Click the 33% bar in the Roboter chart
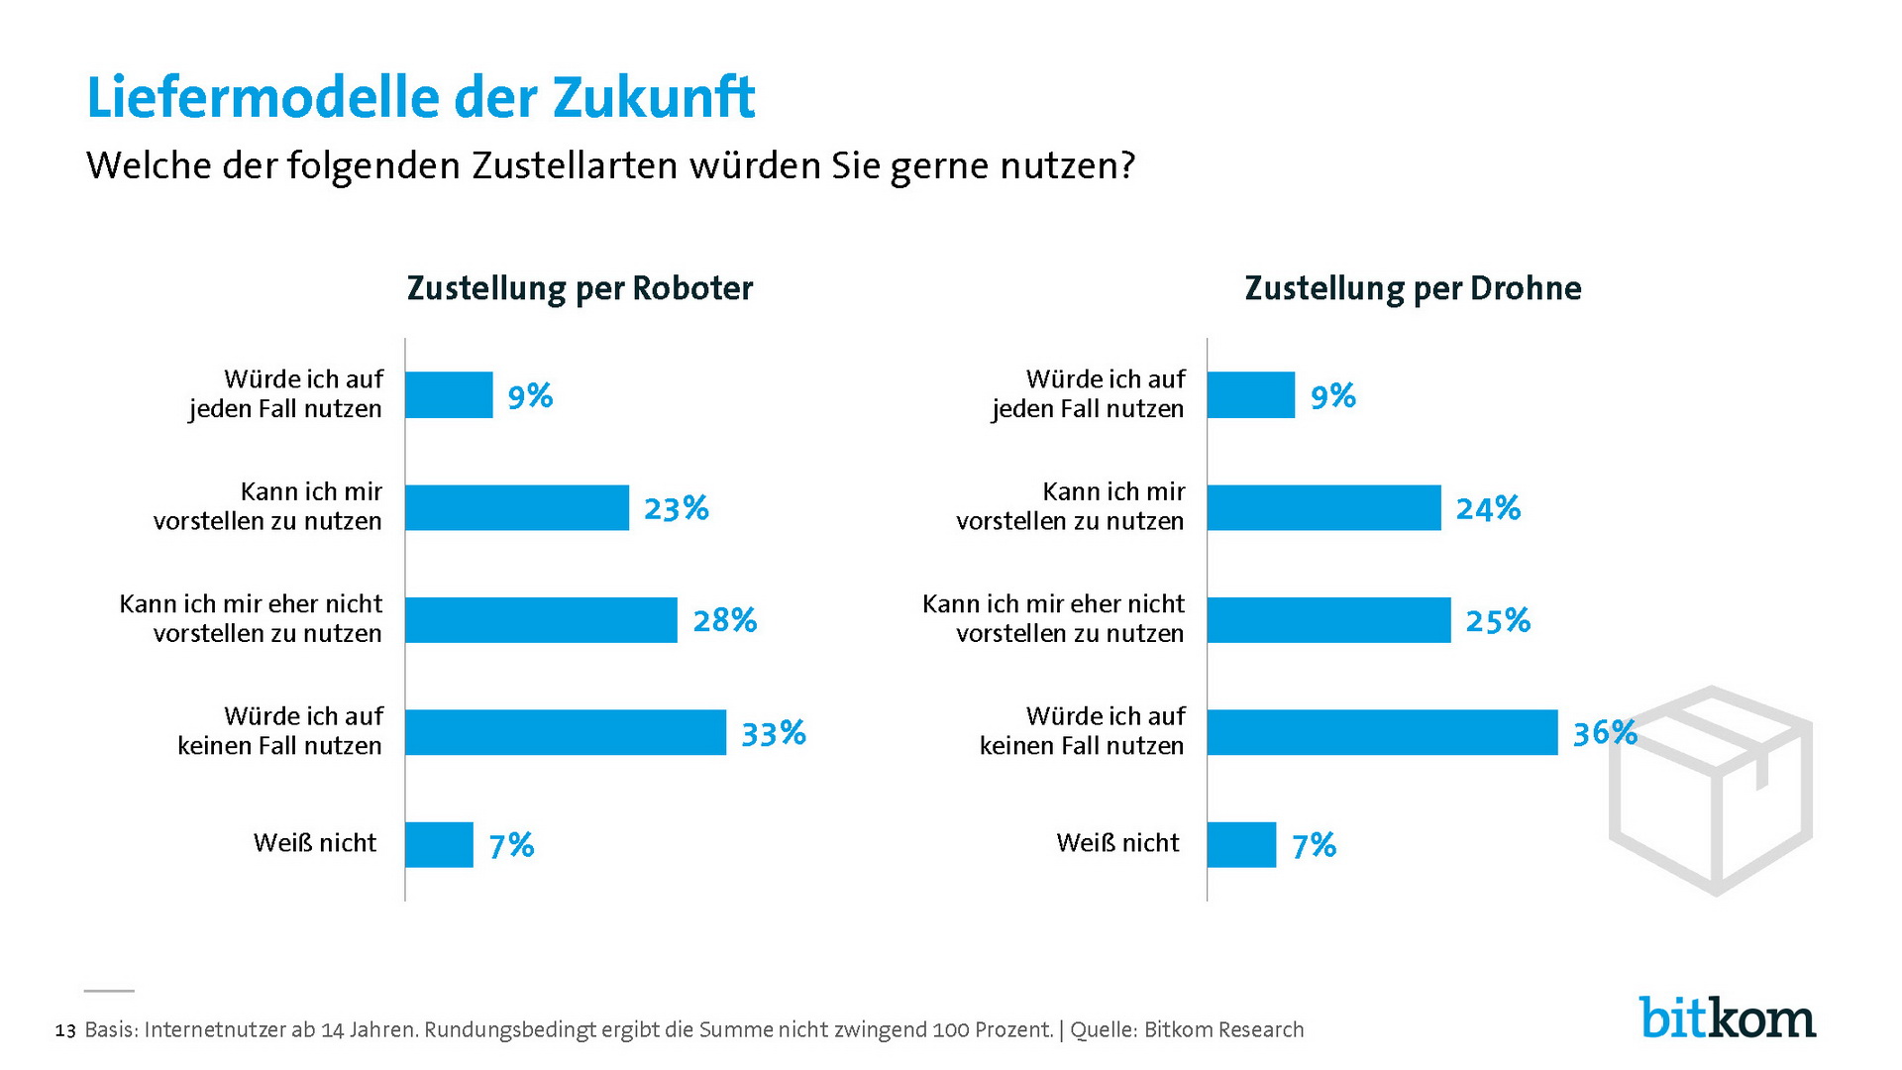point(566,732)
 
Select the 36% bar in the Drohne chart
point(1382,732)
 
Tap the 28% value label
point(724,621)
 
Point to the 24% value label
point(1488,509)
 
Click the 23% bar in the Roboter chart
point(517,507)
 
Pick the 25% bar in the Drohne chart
point(1328,620)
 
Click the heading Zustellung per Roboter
point(580,288)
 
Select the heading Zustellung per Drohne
point(1413,288)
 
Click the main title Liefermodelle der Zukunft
point(421,97)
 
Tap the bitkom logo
point(1728,1017)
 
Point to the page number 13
point(65,1031)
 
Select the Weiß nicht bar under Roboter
point(439,845)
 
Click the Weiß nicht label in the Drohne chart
point(1117,843)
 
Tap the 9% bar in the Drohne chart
point(1250,395)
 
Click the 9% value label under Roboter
point(530,397)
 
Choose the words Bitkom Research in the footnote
point(1223,1030)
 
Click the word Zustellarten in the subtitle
point(576,165)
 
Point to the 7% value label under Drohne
point(1314,846)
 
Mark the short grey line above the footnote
point(109,991)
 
